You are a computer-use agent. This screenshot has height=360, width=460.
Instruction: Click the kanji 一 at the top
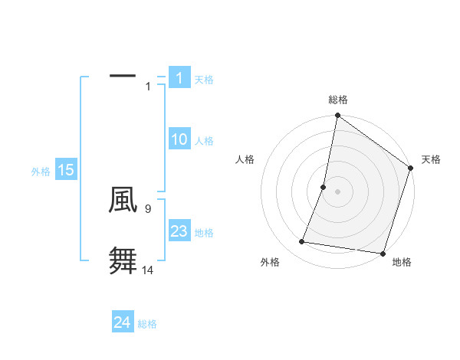[x=123, y=76]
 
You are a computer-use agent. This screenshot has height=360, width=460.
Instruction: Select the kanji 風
[x=123, y=200]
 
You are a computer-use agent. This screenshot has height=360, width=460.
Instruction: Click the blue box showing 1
[x=179, y=77]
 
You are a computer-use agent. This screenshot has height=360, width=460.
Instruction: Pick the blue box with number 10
[x=179, y=139]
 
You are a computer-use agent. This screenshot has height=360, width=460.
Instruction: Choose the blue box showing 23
[x=179, y=231]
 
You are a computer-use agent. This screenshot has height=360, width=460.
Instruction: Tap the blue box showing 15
[x=66, y=170]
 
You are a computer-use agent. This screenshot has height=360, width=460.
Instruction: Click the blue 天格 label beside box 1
[x=204, y=79]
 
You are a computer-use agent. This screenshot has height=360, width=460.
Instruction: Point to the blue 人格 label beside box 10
[x=204, y=141]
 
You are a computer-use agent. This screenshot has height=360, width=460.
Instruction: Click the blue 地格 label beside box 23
[x=204, y=233]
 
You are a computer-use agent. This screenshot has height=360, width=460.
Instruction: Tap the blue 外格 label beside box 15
[x=41, y=172]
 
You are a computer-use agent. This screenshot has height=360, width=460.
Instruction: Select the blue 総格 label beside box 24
[x=147, y=324]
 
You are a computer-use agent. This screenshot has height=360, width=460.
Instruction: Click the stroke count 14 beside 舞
[x=148, y=270]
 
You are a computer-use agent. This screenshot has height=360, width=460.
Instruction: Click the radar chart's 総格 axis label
[x=338, y=100]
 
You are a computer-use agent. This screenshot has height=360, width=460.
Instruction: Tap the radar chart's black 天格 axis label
[x=431, y=159]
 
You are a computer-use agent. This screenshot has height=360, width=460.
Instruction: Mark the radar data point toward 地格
[x=382, y=253]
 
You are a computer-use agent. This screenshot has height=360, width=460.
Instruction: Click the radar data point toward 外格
[x=302, y=242]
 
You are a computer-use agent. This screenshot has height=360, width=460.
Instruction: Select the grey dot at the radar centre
[x=338, y=191]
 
